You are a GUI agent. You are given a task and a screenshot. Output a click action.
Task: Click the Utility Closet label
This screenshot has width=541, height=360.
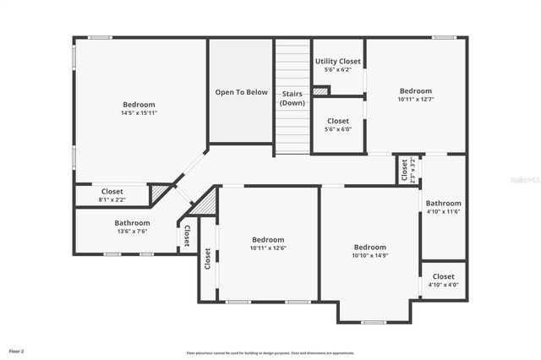coord(337,62)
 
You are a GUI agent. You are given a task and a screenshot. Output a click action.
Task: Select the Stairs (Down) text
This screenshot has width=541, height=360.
coord(292,97)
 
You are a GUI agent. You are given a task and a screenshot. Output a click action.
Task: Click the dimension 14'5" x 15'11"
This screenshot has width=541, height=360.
coord(139,112)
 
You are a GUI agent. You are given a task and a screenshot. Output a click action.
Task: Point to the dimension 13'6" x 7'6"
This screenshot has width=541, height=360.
coord(131,232)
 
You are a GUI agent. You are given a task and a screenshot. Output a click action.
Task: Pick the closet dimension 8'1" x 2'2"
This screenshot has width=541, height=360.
coord(112,200)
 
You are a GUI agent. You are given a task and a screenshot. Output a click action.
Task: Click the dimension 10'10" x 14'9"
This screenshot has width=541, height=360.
coord(369,256)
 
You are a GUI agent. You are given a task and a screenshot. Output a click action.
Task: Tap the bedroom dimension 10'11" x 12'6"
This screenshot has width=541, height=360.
coord(267,248)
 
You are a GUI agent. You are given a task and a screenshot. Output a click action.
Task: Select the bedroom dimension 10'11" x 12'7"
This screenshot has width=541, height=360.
coord(415,100)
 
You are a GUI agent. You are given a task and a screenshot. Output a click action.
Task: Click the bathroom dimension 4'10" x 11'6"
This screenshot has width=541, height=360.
coord(443,212)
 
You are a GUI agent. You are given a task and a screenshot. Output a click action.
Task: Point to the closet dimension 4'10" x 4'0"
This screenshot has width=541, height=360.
coord(443,285)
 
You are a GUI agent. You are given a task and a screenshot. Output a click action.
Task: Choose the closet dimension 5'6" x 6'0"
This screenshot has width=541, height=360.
coord(337,129)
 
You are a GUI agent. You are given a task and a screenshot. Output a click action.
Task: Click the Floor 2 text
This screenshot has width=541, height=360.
coord(16,350)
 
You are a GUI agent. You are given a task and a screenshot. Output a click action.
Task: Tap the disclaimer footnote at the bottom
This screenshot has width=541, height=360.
coord(270,353)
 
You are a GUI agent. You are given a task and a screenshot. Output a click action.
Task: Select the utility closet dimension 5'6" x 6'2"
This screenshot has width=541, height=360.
coord(337,70)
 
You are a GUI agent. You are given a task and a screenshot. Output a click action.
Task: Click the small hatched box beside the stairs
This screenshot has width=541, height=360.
coord(320,90)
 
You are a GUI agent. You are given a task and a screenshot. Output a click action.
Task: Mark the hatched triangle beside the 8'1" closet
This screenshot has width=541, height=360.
coord(158,194)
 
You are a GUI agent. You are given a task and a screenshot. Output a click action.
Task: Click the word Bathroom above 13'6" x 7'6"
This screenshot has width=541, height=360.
coord(132,223)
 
